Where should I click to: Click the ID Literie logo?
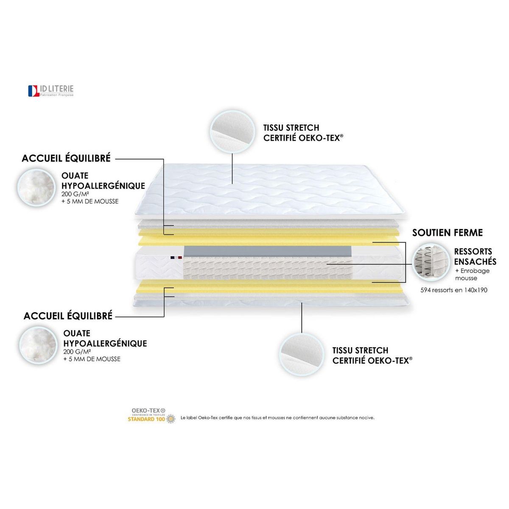[51, 91]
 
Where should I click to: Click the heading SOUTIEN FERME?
[447, 232]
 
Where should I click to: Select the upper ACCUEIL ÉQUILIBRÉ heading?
[66, 158]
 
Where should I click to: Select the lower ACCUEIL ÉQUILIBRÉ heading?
[68, 316]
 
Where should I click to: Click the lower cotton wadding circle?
[39, 345]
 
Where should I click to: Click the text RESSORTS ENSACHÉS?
[475, 257]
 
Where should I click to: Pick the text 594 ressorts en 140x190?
[454, 290]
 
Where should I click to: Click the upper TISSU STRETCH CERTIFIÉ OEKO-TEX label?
[303, 133]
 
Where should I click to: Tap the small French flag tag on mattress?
[176, 257]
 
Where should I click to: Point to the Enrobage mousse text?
[472, 274]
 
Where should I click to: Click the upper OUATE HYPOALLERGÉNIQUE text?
[103, 181]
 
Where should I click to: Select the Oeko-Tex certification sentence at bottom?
[277, 418]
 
